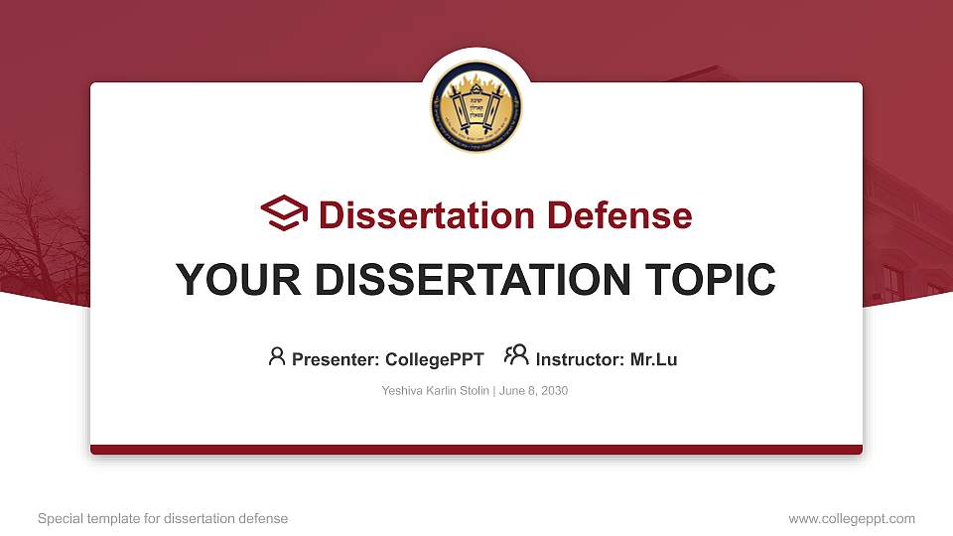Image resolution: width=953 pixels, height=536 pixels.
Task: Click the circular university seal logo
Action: coord(476,106)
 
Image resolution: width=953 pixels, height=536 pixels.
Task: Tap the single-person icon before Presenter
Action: coord(277,356)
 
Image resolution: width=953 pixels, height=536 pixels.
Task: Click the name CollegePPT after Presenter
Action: coord(435,359)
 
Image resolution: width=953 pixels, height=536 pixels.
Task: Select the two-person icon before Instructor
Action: coord(516,356)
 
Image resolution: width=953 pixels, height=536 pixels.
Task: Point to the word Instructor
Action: coord(579,359)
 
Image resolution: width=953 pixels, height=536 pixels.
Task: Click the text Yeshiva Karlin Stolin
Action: coord(435,391)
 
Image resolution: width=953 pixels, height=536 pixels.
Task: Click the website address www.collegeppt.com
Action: coord(852,518)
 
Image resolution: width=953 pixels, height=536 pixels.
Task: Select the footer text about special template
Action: coord(163,518)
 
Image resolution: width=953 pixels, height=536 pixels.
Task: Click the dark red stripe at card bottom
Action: coord(476,450)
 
